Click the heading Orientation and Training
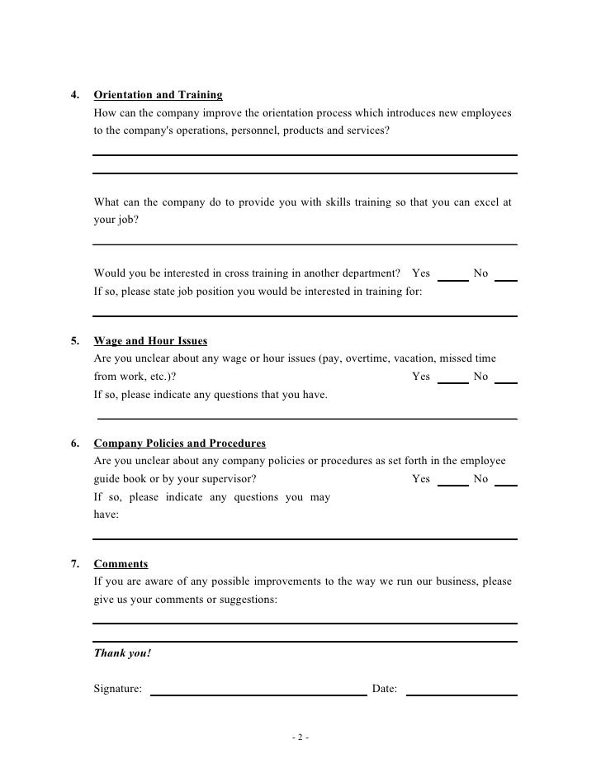point(158,95)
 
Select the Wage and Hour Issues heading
point(150,340)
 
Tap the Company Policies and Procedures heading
point(179,443)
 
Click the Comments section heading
point(121,564)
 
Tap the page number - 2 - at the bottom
point(300,738)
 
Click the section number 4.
point(75,95)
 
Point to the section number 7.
point(75,564)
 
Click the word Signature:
point(117,687)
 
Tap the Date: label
point(385,687)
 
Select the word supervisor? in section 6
point(227,479)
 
